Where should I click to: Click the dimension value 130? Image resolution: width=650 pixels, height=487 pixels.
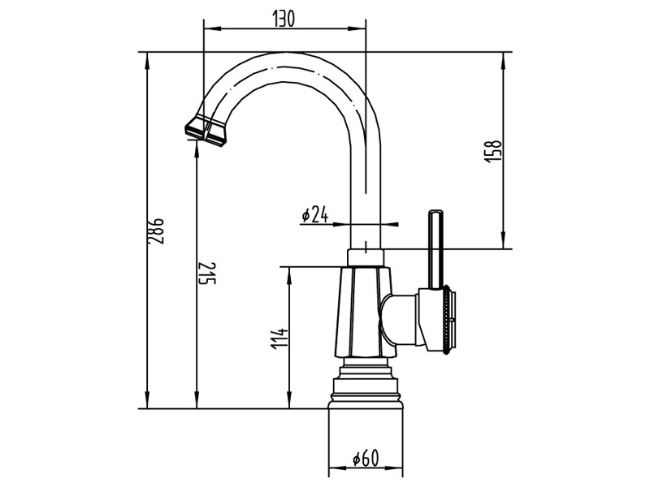coord(284,19)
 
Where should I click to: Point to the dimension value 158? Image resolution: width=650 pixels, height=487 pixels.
coord(492,152)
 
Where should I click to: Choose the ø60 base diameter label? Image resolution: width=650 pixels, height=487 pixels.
coord(366,459)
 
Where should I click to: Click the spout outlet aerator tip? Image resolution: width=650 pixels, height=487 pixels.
coord(206,130)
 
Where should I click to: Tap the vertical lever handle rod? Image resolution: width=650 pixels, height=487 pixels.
coord(436,248)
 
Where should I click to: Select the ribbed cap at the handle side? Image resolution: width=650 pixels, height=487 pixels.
coord(448,321)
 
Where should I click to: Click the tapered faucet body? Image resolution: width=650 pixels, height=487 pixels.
coord(361,312)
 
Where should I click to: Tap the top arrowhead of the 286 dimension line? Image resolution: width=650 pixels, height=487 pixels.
coord(146,58)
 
